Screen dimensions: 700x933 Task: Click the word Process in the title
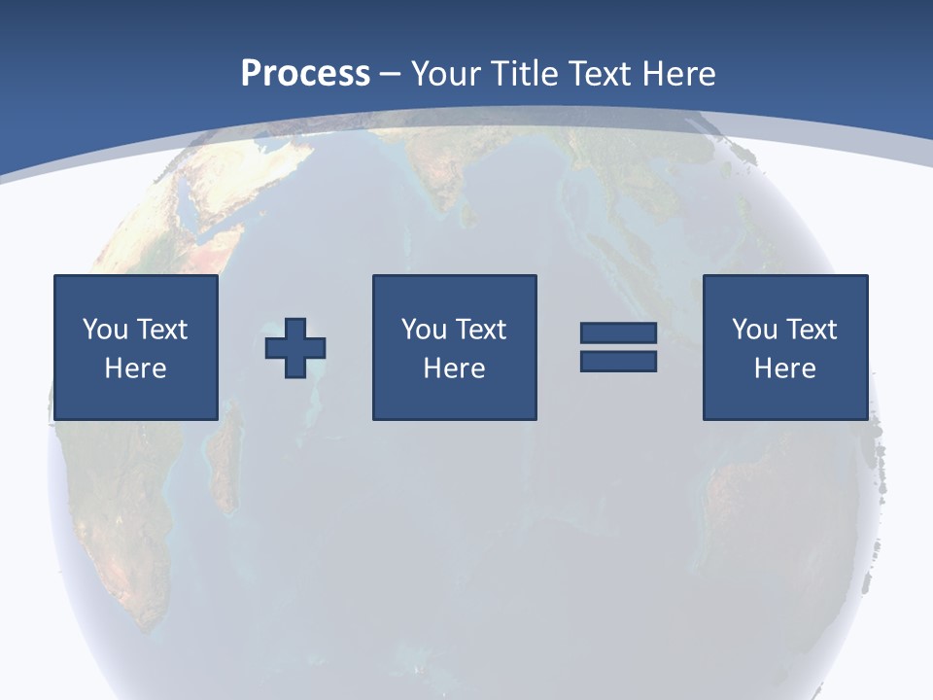[x=305, y=73]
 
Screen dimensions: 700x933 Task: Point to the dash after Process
[x=390, y=74]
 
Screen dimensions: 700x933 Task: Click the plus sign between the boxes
[x=295, y=347]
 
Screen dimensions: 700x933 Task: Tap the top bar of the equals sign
[x=618, y=333]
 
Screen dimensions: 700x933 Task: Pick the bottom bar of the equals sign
[x=618, y=361]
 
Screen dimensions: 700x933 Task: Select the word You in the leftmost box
[x=105, y=330]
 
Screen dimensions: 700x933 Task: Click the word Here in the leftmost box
[x=136, y=368]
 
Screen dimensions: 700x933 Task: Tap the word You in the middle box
[x=424, y=330]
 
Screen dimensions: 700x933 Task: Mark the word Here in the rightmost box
[x=785, y=368]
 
